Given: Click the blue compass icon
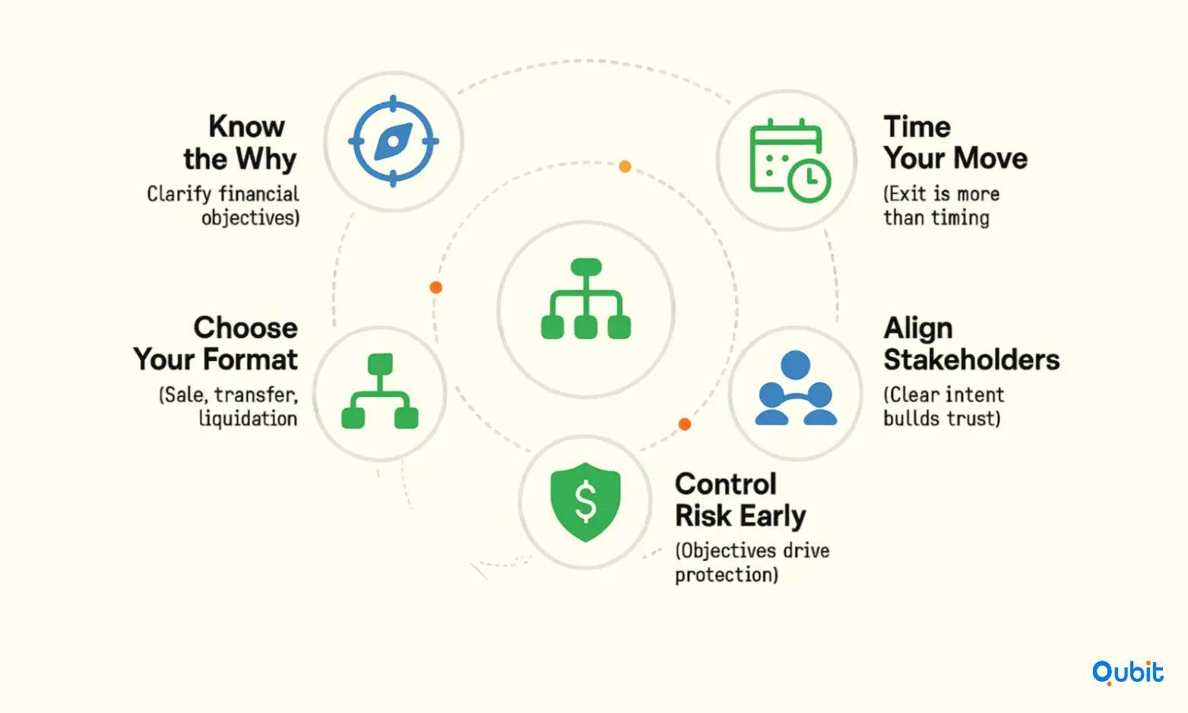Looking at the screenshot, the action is click(393, 141).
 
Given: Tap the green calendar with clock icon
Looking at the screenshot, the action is click(790, 160).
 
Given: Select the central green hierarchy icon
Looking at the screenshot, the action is click(585, 299).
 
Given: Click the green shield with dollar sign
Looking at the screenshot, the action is click(585, 502).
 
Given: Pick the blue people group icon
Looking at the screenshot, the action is click(796, 388).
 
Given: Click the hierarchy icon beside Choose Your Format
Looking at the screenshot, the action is click(380, 391).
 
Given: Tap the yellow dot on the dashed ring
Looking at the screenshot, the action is click(625, 166).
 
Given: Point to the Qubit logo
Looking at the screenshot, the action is click(1127, 673).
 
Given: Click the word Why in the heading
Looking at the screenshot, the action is click(266, 159).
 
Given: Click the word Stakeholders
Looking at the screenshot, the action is click(971, 359).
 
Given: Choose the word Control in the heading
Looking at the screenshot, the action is click(726, 483).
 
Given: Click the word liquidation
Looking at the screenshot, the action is click(248, 419).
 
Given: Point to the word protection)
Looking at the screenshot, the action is click(727, 575).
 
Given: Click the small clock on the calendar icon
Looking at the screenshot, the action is click(809, 180).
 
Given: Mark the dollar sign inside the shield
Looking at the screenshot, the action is click(585, 502).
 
